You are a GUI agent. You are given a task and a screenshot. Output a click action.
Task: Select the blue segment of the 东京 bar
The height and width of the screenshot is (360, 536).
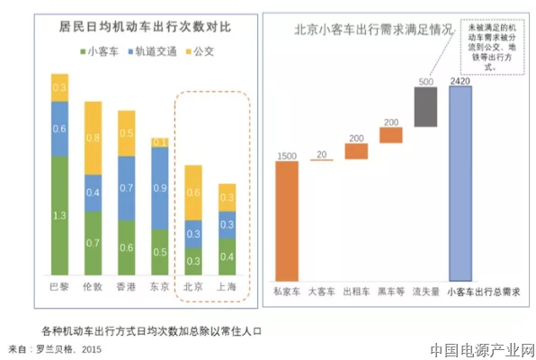pos(159,187)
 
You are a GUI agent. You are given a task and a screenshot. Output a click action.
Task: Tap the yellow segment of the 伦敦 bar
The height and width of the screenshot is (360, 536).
pos(94,138)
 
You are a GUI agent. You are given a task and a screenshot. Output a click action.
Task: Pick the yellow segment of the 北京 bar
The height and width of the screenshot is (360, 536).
pos(193,192)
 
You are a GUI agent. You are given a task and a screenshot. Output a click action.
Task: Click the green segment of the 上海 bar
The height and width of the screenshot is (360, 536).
pos(228,256)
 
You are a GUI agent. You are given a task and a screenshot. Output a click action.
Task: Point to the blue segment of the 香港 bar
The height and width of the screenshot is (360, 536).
pos(127,190)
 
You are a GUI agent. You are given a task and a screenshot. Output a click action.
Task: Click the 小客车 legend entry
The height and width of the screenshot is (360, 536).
pos(99,52)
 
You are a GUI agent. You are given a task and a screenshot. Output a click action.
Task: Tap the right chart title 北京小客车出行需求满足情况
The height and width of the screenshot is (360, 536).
pos(362,28)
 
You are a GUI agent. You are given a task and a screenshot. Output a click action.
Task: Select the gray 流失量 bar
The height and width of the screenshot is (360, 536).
pos(425,106)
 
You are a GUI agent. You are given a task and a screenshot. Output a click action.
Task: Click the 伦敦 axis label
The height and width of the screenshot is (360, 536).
pos(94,287)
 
